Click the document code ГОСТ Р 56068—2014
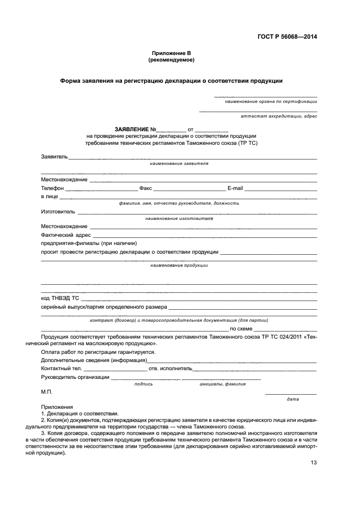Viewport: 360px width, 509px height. coord(287,36)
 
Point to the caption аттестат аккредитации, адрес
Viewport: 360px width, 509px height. coord(279,116)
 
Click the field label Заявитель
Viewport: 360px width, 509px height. coord(54,157)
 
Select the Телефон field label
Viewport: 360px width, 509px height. coord(52,188)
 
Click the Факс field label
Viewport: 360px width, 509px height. coord(145,188)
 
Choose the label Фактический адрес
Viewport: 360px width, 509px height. coord(65,235)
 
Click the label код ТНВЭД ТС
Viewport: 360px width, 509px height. coord(60,298)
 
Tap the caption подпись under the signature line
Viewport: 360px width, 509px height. coord(143,384)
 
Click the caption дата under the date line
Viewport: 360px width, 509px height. coord(292,400)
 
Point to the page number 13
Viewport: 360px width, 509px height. coord(314,463)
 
